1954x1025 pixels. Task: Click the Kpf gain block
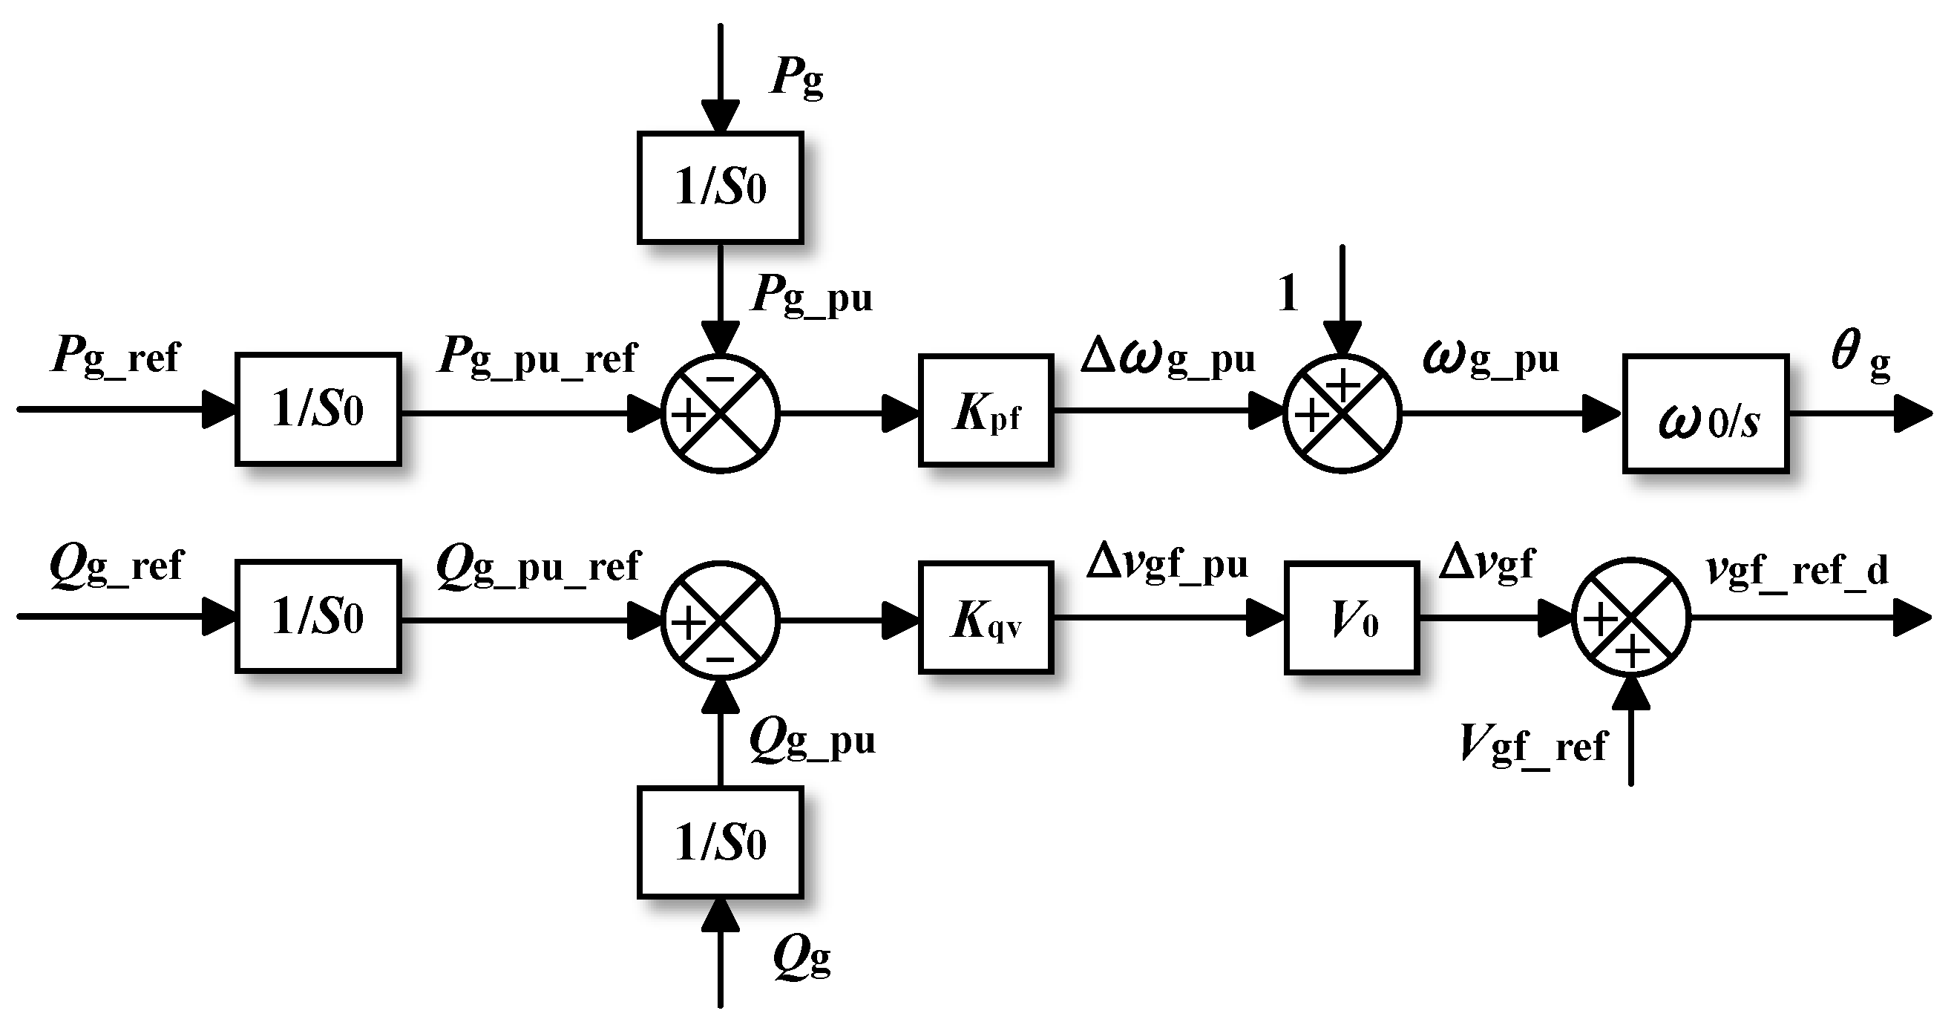point(986,410)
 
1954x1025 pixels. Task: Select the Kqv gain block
point(986,618)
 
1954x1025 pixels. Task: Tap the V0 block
point(1351,618)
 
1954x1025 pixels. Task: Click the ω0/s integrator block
point(1706,414)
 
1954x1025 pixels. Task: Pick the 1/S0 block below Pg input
point(720,187)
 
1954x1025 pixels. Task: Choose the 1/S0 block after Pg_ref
point(318,409)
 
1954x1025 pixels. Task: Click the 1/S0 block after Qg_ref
point(318,616)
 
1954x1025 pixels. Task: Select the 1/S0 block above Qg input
point(720,842)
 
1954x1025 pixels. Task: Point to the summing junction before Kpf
point(720,413)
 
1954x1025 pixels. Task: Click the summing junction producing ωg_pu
point(1342,413)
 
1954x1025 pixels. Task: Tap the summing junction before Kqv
point(720,620)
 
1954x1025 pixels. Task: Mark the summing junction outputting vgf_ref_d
point(1631,618)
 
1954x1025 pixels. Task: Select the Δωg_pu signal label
point(1167,358)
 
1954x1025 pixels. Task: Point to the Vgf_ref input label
point(1532,745)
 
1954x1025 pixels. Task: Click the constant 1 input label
point(1288,294)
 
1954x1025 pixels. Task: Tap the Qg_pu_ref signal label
point(539,567)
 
